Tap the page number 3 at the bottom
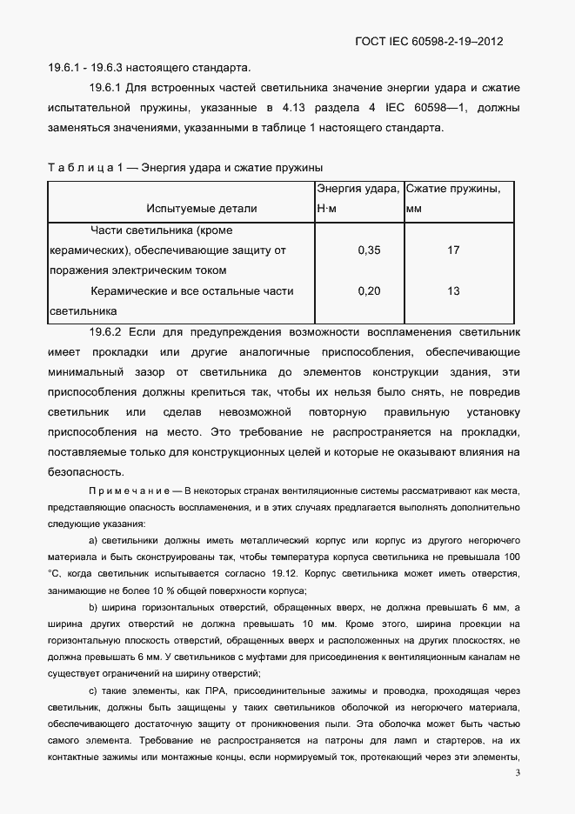coord(518,772)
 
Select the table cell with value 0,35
coord(369,250)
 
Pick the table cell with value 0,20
coord(369,291)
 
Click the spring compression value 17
coord(453,250)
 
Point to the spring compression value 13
coord(453,291)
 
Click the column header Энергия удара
coord(358,189)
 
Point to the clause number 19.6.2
coord(109,332)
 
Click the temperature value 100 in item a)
coord(511,556)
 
